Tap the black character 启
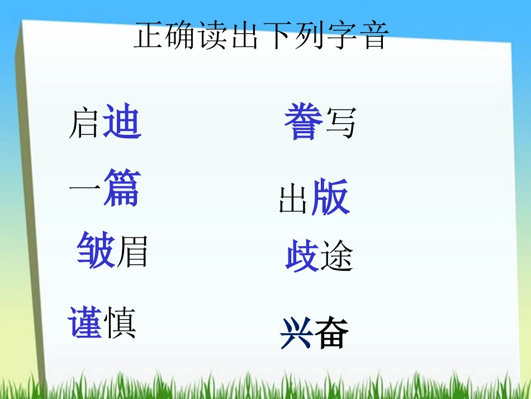84,124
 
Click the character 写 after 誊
340,123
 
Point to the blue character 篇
121,188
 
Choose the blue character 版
330,198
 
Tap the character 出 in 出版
293,200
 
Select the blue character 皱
96,250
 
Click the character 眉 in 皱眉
132,252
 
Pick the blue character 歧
302,255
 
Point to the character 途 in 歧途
337,257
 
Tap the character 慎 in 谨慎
120,323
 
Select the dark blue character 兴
297,333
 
